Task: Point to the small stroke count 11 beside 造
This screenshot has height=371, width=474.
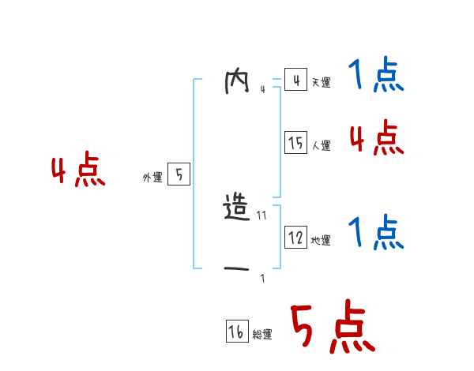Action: click(261, 215)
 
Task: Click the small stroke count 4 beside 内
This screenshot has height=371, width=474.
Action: click(262, 88)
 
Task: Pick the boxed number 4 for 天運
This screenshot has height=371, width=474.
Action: click(295, 81)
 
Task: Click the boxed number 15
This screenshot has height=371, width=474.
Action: click(295, 143)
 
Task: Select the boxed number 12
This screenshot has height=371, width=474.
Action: click(295, 238)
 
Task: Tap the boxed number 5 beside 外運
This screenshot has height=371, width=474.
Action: click(179, 175)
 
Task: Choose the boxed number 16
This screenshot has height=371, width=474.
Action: click(236, 332)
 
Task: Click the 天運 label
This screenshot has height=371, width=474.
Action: click(321, 83)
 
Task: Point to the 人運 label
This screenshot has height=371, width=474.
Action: click(321, 146)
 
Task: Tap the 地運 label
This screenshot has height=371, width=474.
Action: click(321, 241)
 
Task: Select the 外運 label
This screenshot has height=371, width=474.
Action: click(152, 178)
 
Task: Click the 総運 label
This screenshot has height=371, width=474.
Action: click(262, 335)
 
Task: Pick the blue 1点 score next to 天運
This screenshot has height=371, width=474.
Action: click(375, 76)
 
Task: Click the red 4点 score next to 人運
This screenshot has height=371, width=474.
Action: click(376, 138)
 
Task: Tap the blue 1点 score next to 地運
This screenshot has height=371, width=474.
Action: click(375, 232)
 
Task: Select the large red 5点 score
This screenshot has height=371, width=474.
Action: click(333, 328)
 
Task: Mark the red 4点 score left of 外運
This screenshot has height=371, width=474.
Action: click(77, 171)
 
